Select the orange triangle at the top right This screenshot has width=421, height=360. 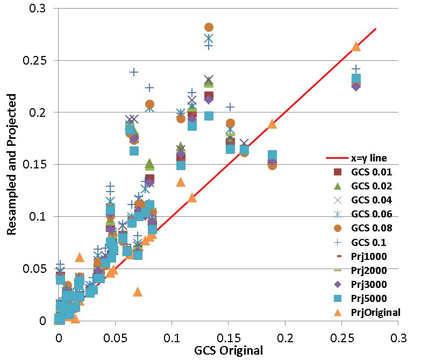coord(355,47)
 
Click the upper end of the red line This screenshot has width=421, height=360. coord(375,29)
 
